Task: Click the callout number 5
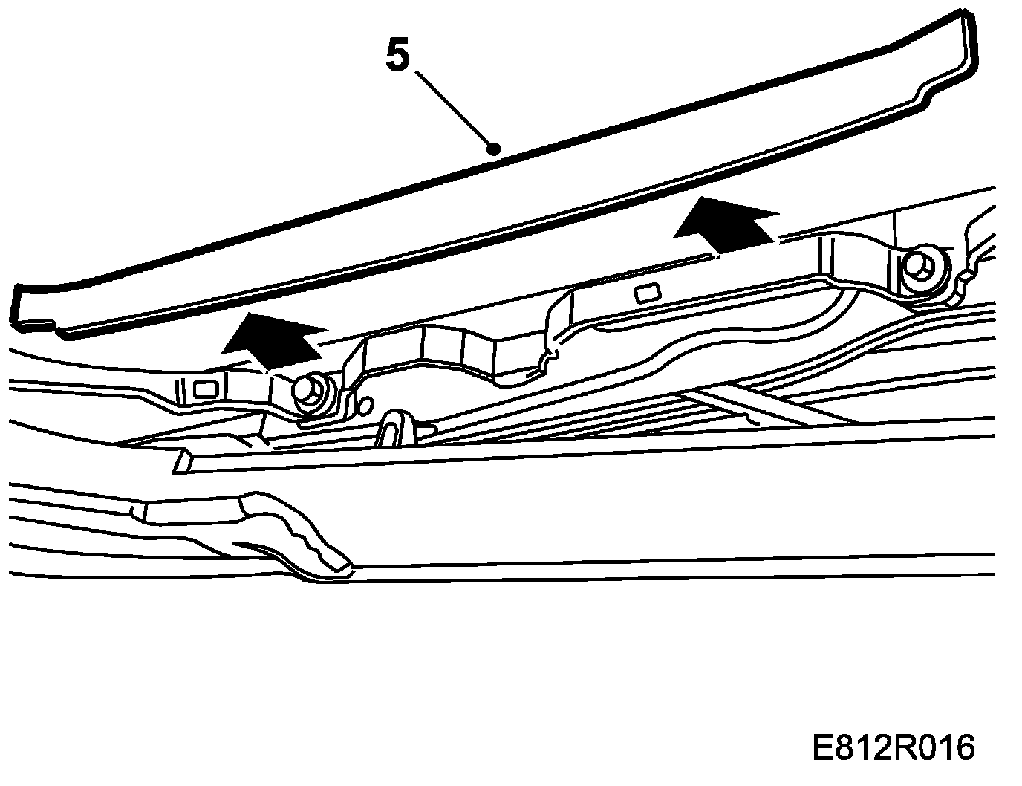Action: (x=397, y=56)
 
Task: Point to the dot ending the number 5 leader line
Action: (x=491, y=149)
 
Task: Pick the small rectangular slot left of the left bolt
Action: (x=201, y=388)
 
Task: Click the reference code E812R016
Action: (x=892, y=747)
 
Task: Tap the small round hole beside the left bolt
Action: (x=363, y=405)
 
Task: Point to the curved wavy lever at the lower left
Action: (x=297, y=535)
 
